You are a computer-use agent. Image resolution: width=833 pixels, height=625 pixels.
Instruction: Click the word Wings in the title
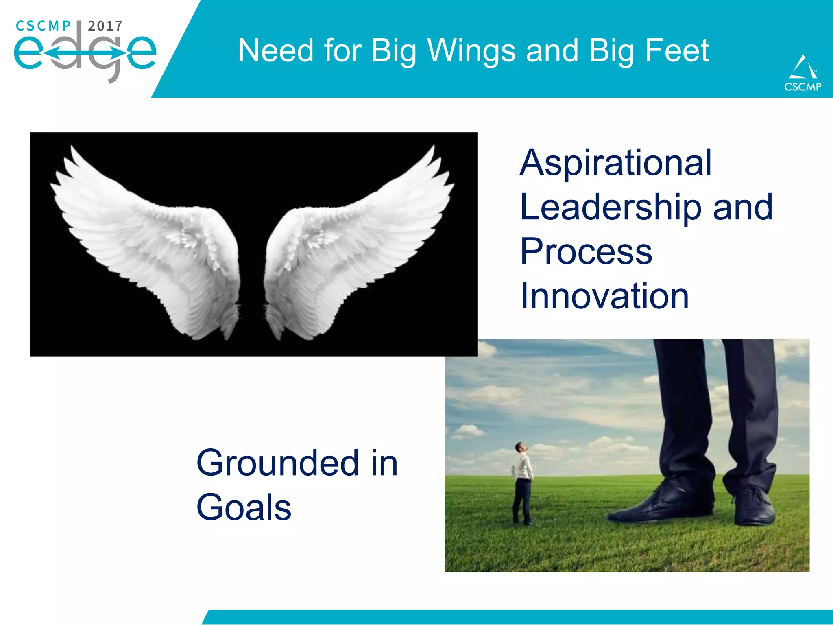[472, 51]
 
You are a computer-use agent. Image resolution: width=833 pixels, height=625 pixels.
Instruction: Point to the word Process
[586, 251]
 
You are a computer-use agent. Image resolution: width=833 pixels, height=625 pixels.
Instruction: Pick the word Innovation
[604, 296]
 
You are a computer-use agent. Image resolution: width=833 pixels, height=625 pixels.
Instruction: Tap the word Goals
[244, 507]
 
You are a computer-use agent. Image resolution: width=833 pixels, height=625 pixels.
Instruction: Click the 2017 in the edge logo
[105, 26]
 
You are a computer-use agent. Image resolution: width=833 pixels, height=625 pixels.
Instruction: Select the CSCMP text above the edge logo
[43, 26]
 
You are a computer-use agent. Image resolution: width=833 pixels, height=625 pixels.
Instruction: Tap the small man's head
[520, 447]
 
